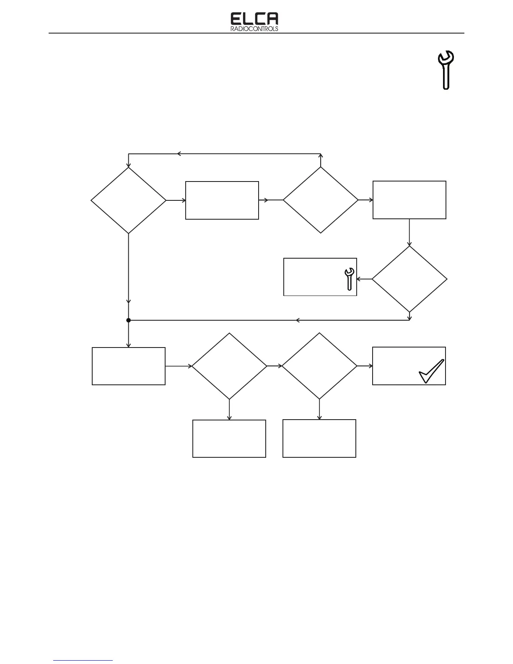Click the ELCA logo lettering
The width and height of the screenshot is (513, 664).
(254, 19)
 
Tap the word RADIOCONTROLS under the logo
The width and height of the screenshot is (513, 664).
(254, 29)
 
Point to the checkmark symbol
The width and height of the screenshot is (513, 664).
(431, 371)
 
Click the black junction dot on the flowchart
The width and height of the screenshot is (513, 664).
(129, 320)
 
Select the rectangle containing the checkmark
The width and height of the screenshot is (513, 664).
(409, 366)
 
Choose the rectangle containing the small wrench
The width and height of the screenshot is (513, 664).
(320, 277)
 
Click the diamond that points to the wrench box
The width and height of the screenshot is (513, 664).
(409, 279)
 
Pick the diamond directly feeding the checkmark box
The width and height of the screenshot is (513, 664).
(319, 366)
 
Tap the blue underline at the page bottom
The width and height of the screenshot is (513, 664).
(83, 661)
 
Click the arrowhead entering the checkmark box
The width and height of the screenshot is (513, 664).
(370, 366)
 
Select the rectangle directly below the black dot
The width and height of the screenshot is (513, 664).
(128, 366)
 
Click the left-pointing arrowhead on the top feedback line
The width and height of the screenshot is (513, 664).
(179, 154)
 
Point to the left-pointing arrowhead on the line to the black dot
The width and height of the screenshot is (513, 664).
(298, 320)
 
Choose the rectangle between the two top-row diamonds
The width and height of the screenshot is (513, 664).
(222, 200)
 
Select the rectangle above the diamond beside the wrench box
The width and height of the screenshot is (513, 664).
(409, 200)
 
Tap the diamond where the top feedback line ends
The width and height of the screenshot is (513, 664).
(128, 200)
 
